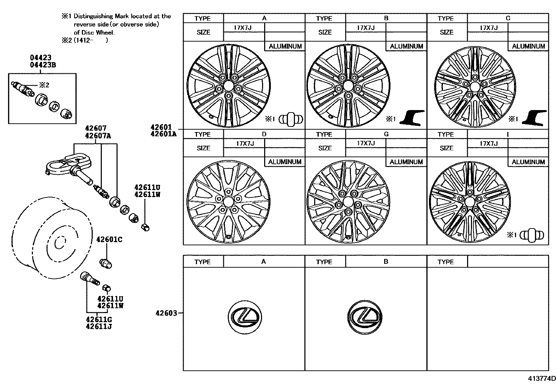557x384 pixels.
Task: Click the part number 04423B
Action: pos(43,65)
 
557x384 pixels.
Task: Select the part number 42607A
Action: pos(98,136)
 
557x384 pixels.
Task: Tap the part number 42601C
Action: pos(109,240)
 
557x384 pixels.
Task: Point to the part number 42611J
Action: pos(100,327)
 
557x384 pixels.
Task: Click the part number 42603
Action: pos(166,313)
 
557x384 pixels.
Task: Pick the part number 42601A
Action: pos(163,133)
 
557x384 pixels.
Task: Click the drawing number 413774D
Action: pos(542,378)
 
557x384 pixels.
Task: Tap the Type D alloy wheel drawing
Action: pos(228,202)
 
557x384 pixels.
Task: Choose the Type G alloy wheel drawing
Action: pos(348,202)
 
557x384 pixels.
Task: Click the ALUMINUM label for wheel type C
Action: pos(528,46)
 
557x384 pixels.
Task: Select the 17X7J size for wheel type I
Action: pos(488,144)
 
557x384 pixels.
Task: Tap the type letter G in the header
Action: pos(386,134)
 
